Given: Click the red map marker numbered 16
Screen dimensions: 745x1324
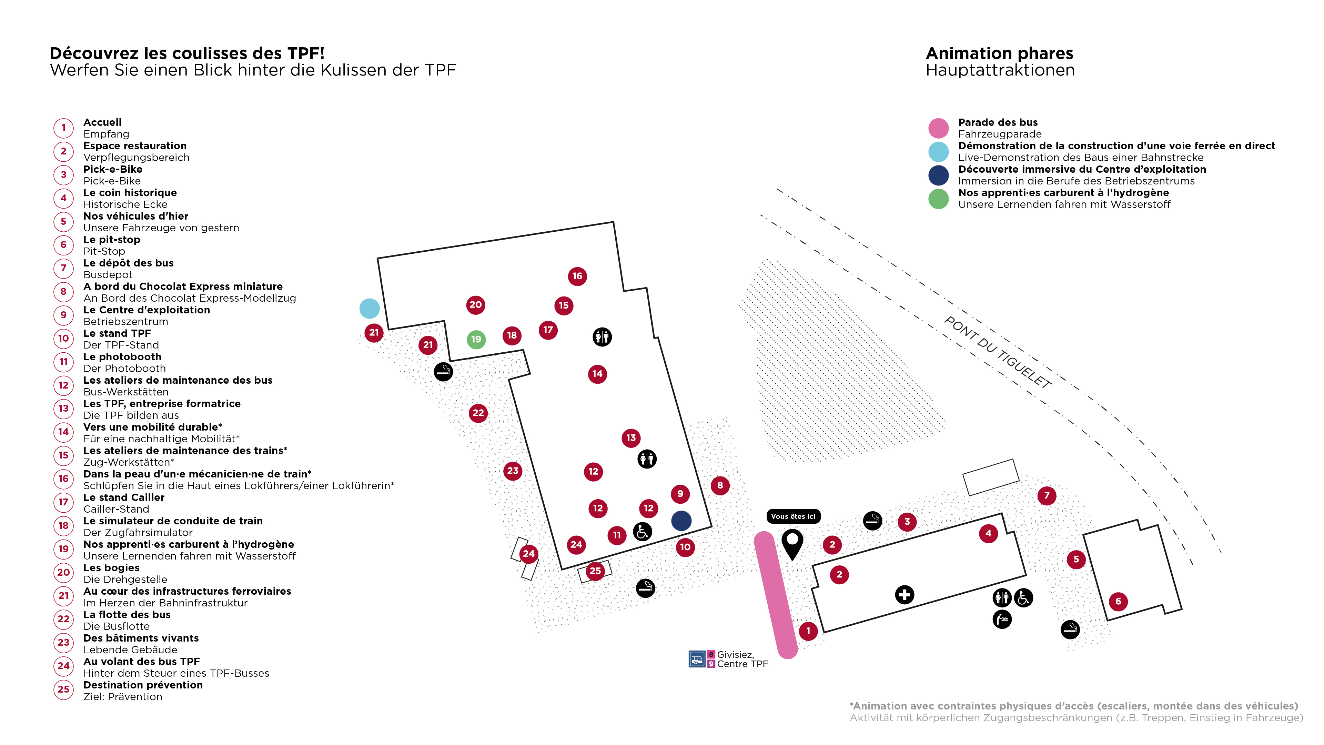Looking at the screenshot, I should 577,276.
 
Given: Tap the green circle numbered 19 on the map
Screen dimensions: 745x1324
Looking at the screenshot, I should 476,339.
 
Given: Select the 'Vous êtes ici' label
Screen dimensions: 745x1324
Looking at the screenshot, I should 793,516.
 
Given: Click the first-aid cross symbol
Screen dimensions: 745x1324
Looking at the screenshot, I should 904,595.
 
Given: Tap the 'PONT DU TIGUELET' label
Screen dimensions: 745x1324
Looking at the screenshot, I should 998,353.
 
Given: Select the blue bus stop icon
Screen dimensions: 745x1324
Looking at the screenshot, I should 696,658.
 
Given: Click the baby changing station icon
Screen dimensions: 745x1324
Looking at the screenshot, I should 1002,619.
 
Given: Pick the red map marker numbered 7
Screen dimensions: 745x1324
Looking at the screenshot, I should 1047,496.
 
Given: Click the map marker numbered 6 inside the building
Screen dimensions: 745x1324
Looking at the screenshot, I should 1118,601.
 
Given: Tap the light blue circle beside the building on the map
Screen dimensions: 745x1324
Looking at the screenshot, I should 370,309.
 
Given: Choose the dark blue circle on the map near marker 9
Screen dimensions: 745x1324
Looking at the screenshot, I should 681,520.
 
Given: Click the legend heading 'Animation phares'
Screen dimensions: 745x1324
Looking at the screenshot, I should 999,53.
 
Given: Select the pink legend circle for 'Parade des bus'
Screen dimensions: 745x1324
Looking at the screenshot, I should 938,128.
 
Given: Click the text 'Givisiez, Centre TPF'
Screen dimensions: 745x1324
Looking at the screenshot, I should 742,659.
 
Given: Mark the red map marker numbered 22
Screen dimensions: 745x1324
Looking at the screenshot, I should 478,413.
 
